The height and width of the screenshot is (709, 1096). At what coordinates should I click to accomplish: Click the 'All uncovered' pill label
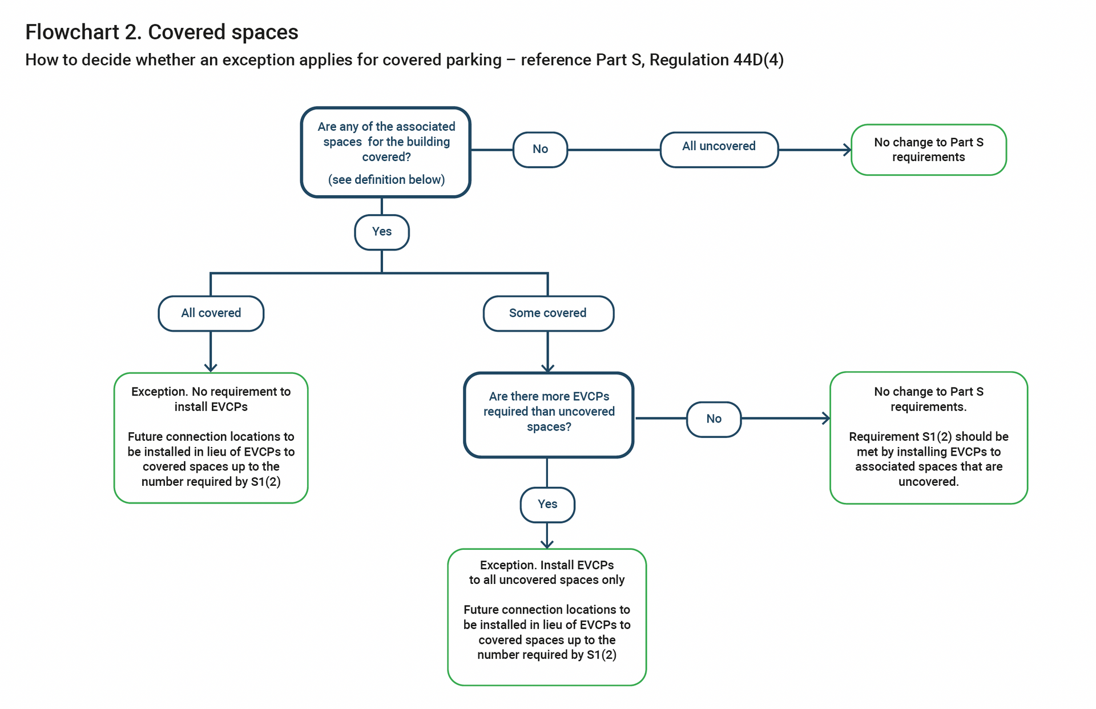point(719,147)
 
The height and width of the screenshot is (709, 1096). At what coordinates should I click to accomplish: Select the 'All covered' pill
point(211,313)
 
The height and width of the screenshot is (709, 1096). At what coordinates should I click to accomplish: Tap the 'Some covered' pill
point(548,313)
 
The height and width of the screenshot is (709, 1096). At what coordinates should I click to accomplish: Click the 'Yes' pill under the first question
point(381,232)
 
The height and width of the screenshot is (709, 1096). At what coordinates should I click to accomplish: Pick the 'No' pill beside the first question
point(540,150)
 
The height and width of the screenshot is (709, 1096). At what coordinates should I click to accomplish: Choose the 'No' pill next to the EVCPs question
point(714,419)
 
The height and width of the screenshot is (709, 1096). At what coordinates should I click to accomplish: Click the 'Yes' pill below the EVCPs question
point(547,504)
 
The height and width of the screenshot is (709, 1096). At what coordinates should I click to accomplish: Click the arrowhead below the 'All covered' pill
point(211,368)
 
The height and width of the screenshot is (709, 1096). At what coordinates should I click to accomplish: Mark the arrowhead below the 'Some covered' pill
point(548,368)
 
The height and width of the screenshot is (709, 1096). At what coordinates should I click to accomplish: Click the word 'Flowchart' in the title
point(72,33)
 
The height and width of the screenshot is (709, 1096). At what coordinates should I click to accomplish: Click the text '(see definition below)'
point(386,180)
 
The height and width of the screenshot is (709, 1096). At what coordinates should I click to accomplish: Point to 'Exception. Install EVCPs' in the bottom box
point(546,565)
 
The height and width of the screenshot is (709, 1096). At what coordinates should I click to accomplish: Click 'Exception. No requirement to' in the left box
point(211,392)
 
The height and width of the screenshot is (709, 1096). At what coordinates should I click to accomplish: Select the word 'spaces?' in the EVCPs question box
point(549,427)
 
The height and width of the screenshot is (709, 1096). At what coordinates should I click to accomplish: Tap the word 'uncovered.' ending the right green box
point(928,482)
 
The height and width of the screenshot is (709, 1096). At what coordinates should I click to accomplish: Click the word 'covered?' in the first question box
point(386,157)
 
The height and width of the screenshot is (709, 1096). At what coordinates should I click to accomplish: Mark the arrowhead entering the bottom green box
point(547,544)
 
